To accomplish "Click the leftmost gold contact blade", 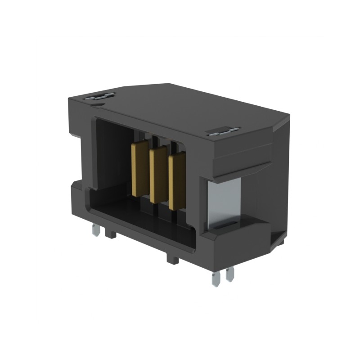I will (139, 169).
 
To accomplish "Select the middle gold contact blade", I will (158, 175).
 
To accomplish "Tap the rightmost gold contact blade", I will (176, 181).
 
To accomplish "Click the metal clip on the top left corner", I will (102, 96).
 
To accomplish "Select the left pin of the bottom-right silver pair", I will (216, 279).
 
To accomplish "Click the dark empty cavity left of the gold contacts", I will (112, 157).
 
